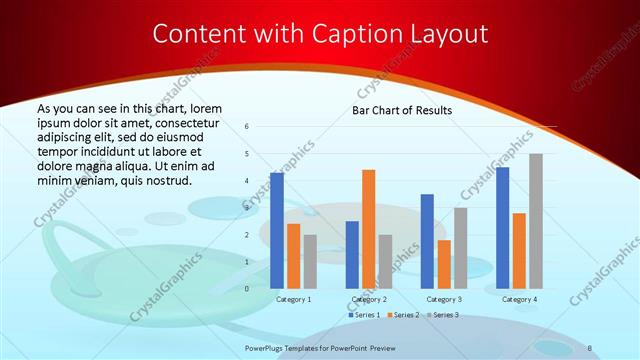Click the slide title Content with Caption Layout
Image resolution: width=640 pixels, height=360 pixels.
coord(320,34)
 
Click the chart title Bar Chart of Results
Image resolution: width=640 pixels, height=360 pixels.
coord(402,110)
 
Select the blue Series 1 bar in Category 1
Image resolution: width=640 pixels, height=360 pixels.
coord(277,230)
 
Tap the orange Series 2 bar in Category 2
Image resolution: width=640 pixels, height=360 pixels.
coord(368,229)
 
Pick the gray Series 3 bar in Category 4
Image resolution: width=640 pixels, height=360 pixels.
coord(536,221)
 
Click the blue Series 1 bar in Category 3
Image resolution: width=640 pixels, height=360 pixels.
coord(427,241)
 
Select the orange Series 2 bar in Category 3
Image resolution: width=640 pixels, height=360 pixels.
coord(443,264)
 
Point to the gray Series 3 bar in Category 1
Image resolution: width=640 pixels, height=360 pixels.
coord(309,261)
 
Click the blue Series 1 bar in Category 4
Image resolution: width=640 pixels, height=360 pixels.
coord(503,227)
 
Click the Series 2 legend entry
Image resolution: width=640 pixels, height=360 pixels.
coord(402,315)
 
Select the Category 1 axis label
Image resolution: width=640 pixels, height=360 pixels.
coord(293,299)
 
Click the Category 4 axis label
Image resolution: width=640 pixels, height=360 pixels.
coord(519,299)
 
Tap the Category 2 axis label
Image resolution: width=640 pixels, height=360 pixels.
coord(368,299)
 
